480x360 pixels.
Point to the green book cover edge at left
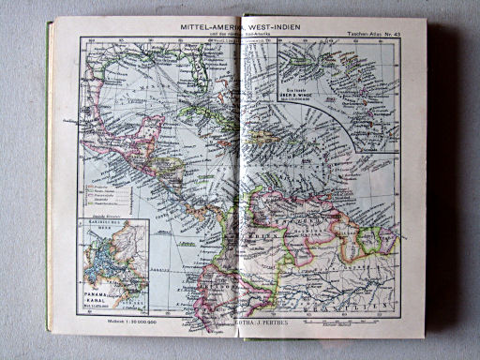coord(47,187)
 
